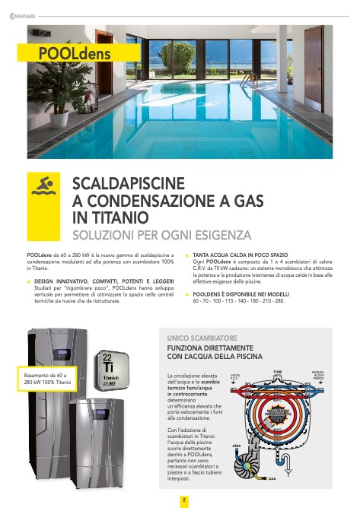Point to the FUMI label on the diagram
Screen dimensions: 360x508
(277, 370)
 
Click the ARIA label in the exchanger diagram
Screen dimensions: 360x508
(238, 447)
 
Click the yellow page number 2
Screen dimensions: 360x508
(183, 500)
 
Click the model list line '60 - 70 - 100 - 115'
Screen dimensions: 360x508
(239, 300)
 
